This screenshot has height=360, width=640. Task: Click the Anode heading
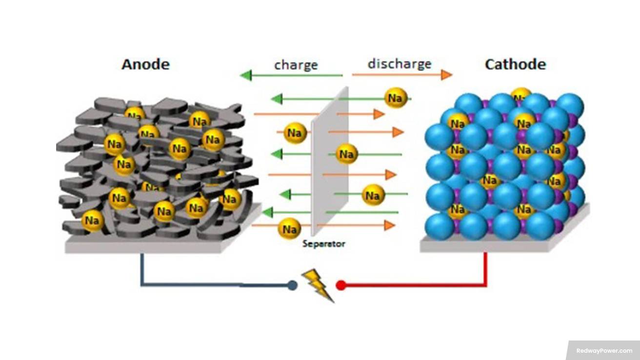coord(145,64)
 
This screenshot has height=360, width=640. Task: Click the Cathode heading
coord(515,64)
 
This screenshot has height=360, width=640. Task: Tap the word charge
coord(296,65)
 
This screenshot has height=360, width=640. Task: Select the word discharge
coord(399,64)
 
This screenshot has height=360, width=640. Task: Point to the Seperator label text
coord(323,243)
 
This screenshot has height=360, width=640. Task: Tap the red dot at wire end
coord(341,285)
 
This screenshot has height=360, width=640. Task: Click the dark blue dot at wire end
coord(292,285)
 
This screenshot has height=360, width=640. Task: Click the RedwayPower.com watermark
coord(604,350)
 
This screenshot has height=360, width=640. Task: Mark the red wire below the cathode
coord(485,273)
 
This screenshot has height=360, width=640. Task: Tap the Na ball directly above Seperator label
coord(289,228)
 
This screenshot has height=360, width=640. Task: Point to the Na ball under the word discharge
coord(396,98)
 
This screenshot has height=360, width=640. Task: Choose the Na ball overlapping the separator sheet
coord(346,154)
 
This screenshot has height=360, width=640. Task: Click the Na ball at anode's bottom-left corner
coord(92,220)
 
